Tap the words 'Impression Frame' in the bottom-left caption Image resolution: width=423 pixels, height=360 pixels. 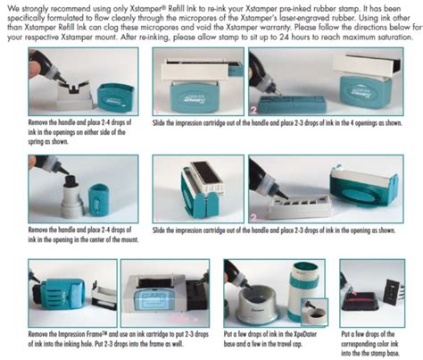click(86, 333)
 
